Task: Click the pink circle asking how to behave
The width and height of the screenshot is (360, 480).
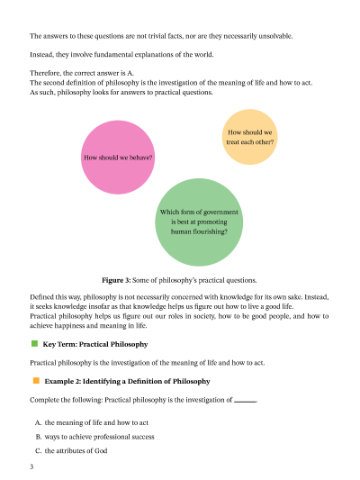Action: [118, 157]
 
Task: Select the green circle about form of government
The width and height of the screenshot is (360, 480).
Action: [199, 222]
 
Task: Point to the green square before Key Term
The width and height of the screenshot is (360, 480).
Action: [35, 344]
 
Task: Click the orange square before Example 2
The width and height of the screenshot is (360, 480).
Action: [35, 381]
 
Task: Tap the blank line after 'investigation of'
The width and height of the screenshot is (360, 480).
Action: [245, 400]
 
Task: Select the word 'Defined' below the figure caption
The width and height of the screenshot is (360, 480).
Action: [43, 296]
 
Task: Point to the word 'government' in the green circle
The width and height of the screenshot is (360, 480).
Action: [221, 213]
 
